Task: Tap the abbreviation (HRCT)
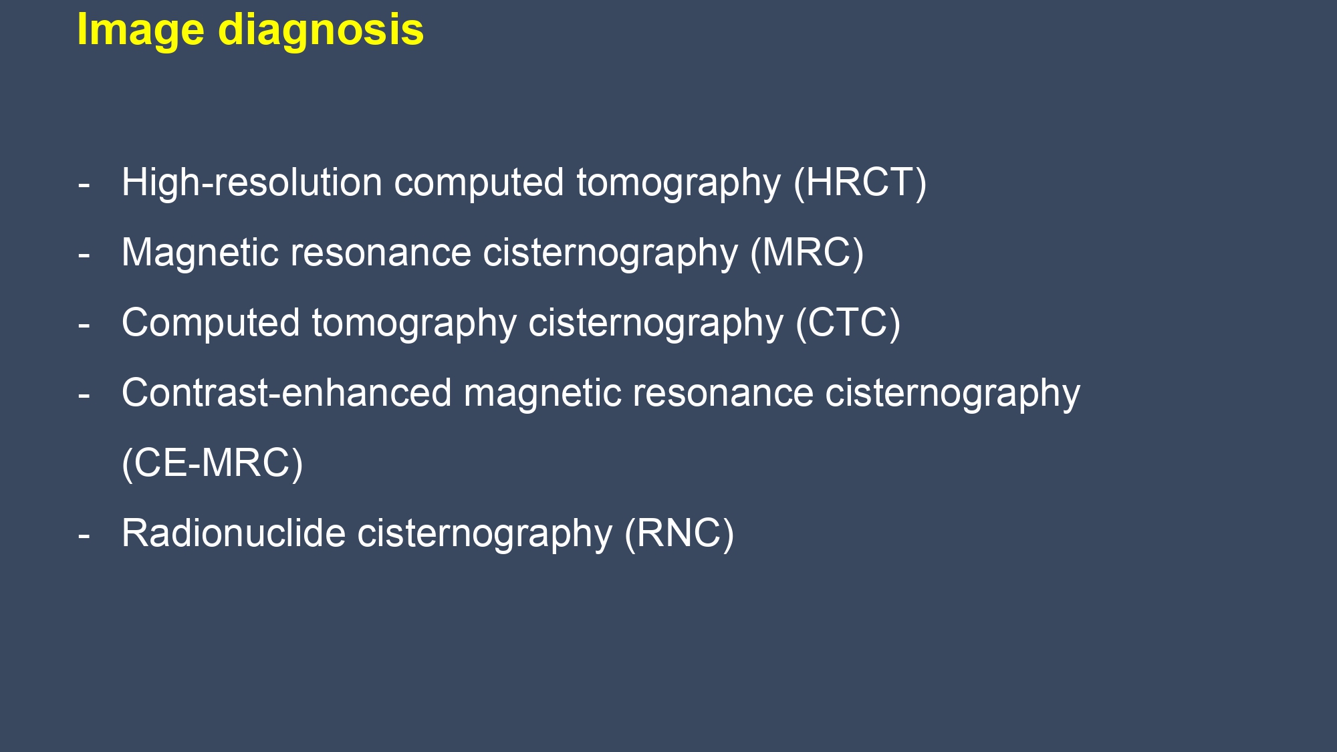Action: click(860, 182)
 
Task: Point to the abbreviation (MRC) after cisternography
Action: click(807, 253)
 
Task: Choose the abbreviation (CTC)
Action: click(848, 323)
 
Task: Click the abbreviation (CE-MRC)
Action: click(213, 463)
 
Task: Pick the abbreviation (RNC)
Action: click(679, 533)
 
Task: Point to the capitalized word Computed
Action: click(211, 324)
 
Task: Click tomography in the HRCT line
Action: click(679, 184)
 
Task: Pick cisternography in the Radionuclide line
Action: click(485, 535)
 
